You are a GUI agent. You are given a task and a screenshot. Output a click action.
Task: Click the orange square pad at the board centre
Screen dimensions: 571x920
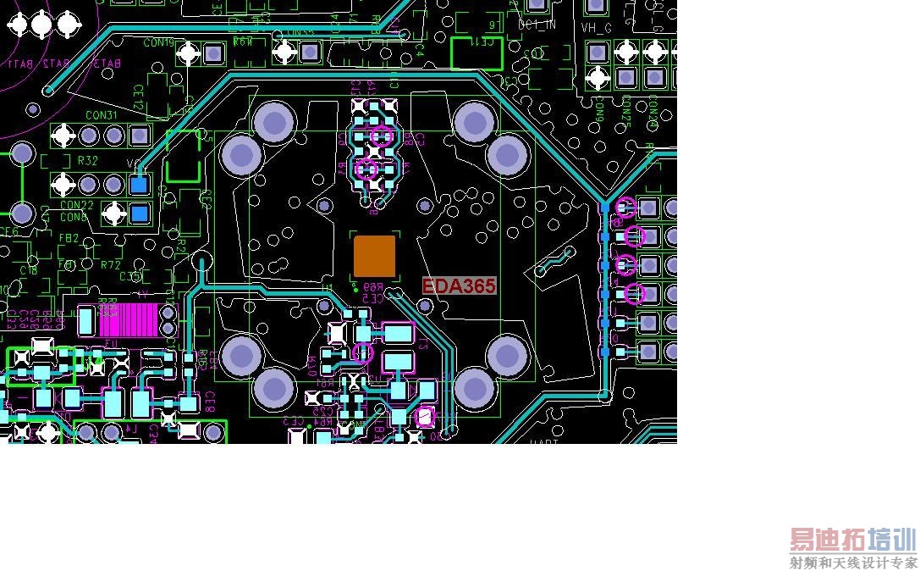374,256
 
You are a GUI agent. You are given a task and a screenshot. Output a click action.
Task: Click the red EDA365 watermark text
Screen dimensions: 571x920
459,286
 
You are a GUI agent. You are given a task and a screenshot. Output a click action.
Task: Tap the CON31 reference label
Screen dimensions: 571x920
101,115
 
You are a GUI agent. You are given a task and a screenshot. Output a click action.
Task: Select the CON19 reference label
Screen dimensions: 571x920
158,42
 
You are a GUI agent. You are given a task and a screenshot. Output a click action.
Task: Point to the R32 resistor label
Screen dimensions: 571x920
87,160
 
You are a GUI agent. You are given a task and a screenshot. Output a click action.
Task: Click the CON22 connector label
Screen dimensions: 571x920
77,205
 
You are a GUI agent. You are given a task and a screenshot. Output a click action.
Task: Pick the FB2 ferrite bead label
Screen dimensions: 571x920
69,239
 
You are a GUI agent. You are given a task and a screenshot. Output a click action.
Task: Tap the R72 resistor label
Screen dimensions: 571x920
110,265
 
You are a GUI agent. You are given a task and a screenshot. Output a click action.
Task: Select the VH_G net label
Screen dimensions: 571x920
596,28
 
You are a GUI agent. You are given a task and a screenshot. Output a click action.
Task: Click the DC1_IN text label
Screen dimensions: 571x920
537,25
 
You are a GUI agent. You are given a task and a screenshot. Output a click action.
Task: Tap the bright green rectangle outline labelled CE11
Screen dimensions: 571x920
477,53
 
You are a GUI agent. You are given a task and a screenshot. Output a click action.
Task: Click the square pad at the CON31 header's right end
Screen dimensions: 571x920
140,134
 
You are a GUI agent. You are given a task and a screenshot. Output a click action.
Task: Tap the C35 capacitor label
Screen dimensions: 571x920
130,276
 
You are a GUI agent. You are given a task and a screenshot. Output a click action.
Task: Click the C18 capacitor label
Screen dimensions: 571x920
29,270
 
